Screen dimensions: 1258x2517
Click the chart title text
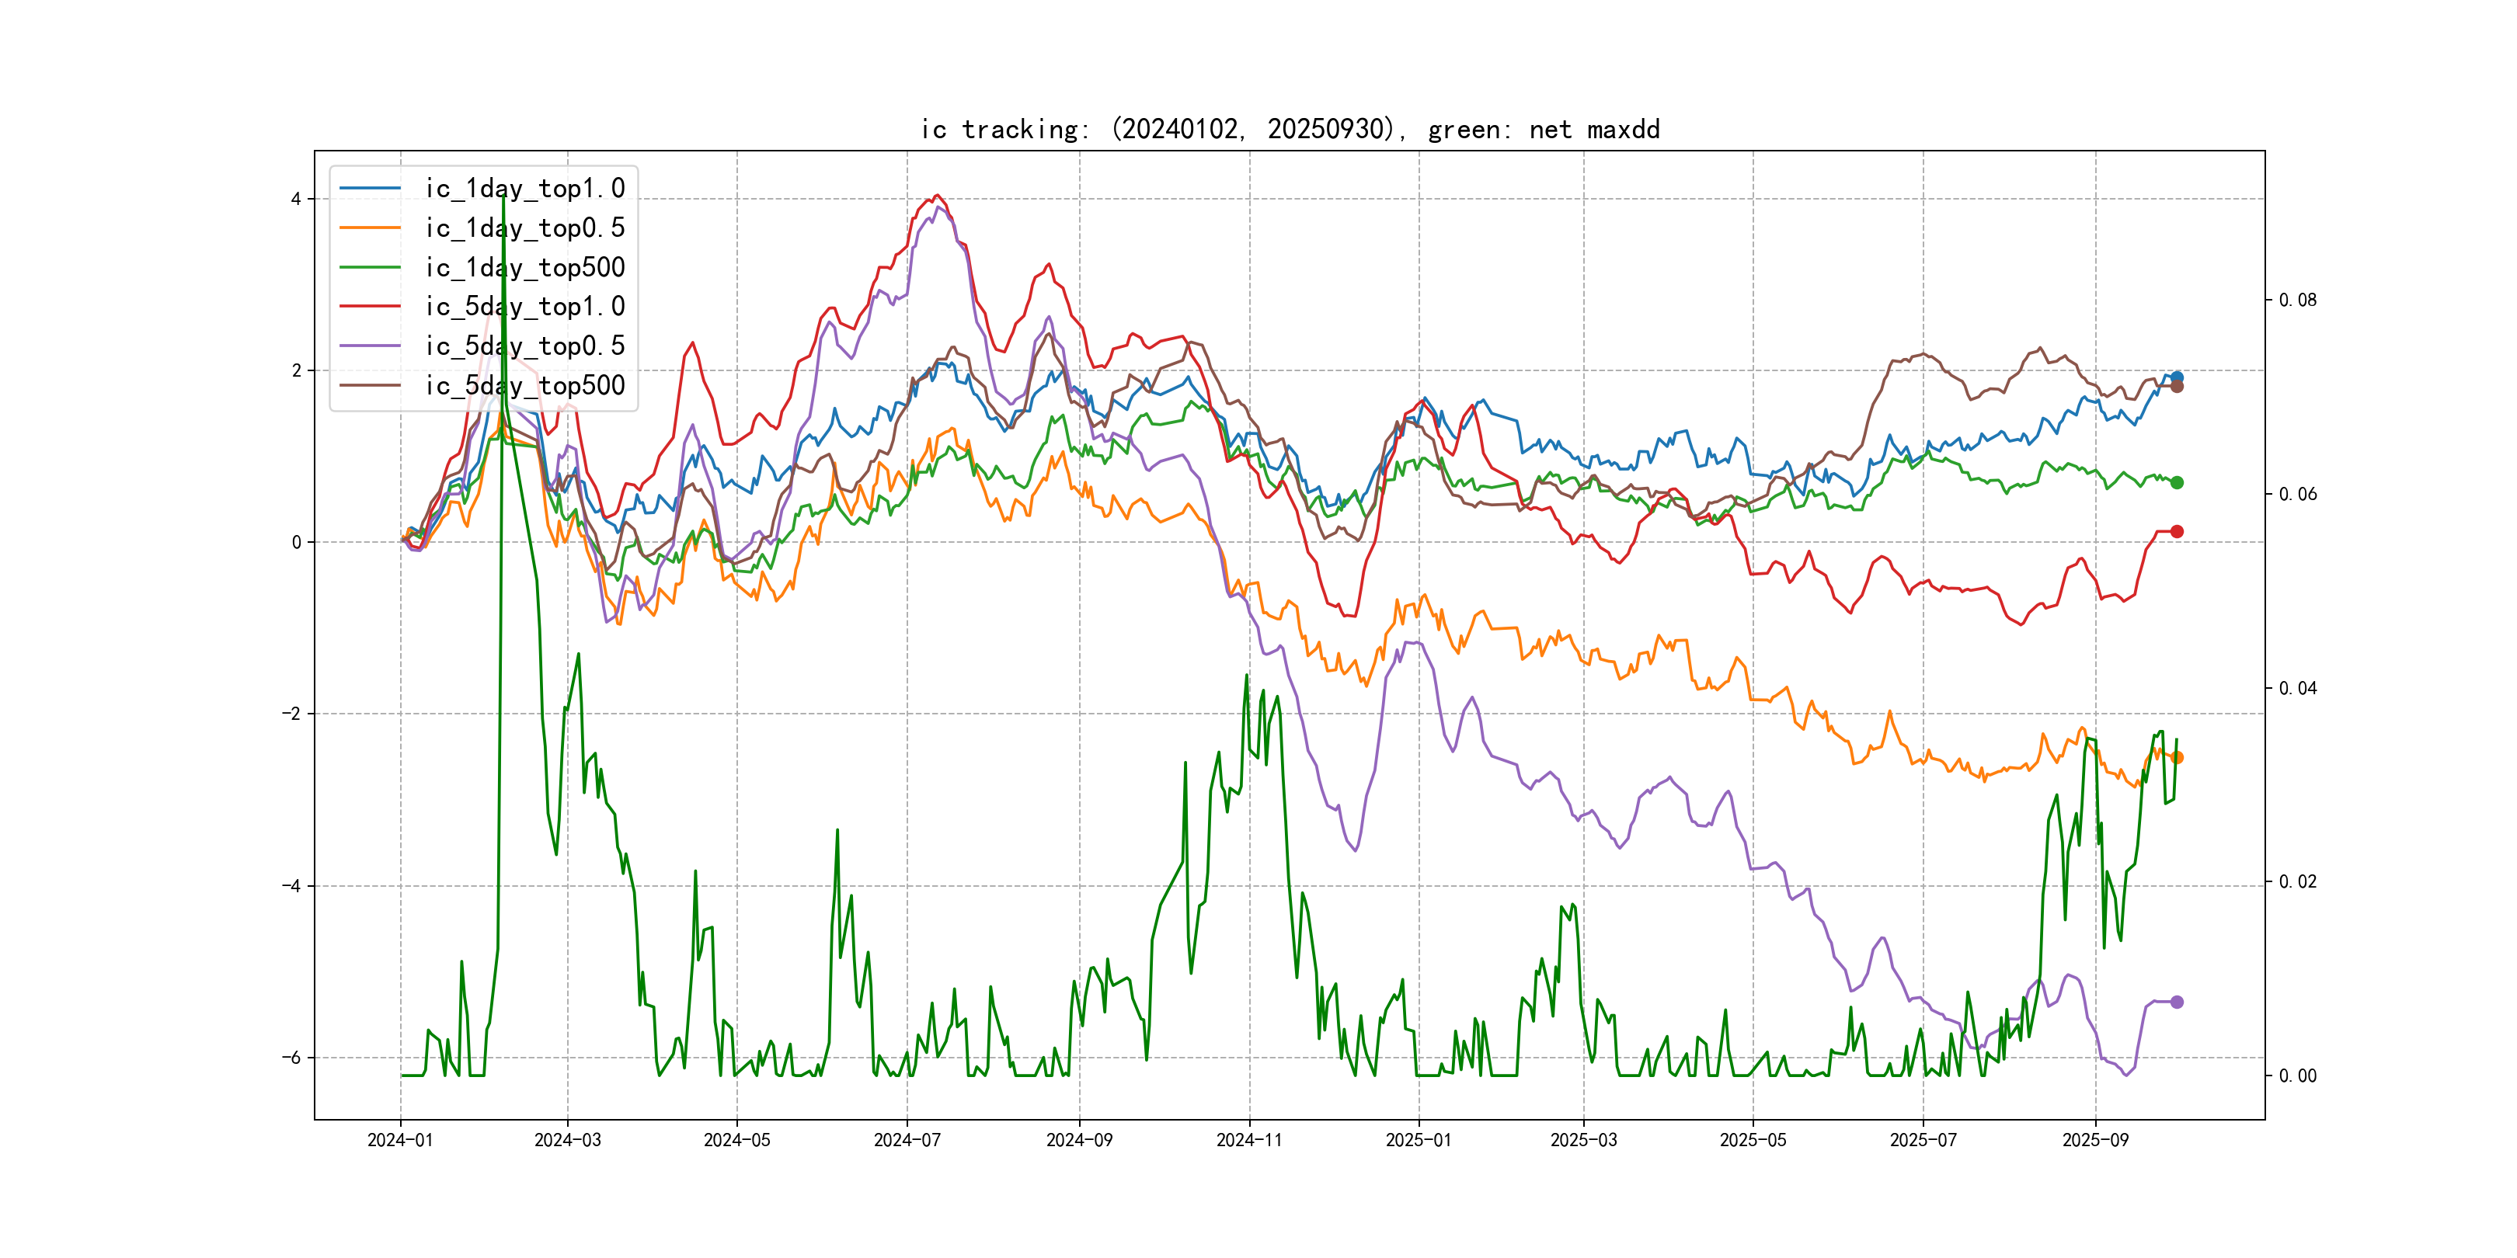1290,130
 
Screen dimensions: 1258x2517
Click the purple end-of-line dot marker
2176,1002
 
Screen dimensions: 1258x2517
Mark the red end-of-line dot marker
2176,531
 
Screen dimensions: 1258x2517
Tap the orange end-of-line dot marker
2177,758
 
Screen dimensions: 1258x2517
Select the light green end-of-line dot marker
2177,482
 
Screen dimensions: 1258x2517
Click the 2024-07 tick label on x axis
907,1140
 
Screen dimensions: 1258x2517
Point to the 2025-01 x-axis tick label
1419,1140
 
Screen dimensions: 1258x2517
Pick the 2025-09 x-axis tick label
2095,1140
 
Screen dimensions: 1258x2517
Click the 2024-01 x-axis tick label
399,1140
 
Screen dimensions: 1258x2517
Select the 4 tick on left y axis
295,200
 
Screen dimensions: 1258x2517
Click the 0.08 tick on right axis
2297,300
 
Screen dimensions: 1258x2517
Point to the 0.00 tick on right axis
2297,1076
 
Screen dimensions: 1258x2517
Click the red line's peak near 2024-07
937,196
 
